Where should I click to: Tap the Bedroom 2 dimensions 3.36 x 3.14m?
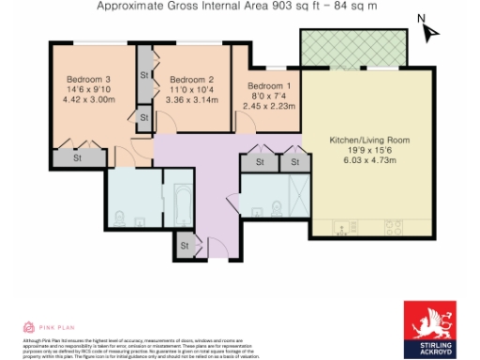pyautogui.click(x=191, y=100)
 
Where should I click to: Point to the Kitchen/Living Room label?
pyautogui.click(x=369, y=140)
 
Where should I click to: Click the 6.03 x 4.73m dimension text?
pyautogui.click(x=369, y=160)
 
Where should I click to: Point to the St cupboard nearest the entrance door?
pyautogui.click(x=184, y=246)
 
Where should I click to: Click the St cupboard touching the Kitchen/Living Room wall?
pyautogui.click(x=293, y=163)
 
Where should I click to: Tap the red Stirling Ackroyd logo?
pyautogui.click(x=430, y=328)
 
